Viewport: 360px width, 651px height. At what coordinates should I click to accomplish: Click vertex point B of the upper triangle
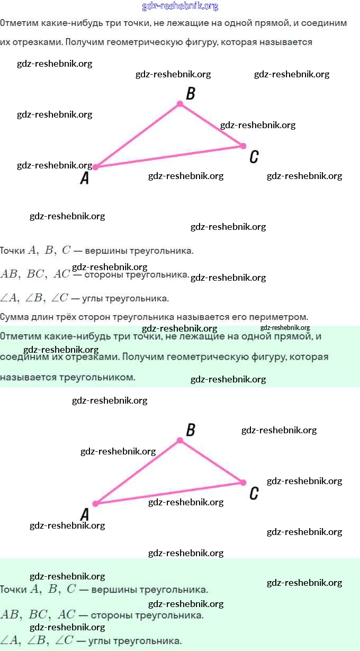(180, 104)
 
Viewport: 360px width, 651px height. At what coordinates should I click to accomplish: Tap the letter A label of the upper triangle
(85, 179)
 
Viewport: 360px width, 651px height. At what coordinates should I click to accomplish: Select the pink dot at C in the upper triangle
(244, 146)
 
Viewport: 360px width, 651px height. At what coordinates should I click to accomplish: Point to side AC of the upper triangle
(169, 156)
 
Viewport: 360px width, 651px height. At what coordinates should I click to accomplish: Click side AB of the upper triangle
(138, 136)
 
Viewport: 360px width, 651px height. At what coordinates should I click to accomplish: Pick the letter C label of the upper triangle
(254, 157)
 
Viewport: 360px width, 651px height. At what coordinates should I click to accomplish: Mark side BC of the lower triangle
(212, 461)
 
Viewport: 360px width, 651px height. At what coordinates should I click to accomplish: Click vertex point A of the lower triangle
(96, 504)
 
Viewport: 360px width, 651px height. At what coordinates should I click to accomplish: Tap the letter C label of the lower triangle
(254, 494)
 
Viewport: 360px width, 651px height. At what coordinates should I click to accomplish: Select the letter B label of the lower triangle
(191, 430)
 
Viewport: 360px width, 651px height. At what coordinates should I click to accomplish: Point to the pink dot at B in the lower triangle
(180, 440)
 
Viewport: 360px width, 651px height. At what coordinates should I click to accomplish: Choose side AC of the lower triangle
(169, 493)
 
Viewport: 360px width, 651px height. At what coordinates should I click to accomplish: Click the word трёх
(69, 317)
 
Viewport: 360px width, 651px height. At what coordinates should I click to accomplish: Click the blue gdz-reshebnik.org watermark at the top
(180, 6)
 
